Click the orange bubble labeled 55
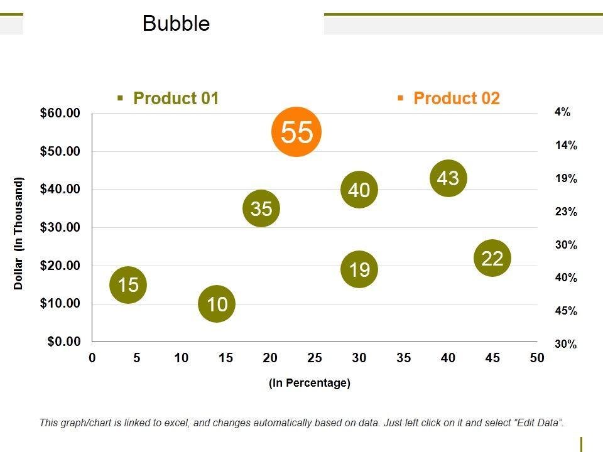click(x=296, y=132)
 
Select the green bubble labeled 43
click(x=448, y=178)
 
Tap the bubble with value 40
click(x=359, y=190)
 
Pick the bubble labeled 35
click(x=261, y=208)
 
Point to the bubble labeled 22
click(x=492, y=258)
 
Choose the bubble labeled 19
click(x=359, y=270)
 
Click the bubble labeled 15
click(x=128, y=285)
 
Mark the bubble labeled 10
click(x=216, y=304)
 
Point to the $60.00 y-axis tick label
click(x=60, y=113)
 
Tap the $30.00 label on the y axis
click(x=60, y=227)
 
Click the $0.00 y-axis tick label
click(x=63, y=342)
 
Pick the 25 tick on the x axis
click(x=315, y=358)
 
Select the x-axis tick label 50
click(x=536, y=358)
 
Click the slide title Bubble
click(x=176, y=24)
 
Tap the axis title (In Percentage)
click(x=309, y=383)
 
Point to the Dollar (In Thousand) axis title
click(x=19, y=234)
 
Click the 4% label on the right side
click(x=562, y=112)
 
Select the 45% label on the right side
click(x=566, y=311)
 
